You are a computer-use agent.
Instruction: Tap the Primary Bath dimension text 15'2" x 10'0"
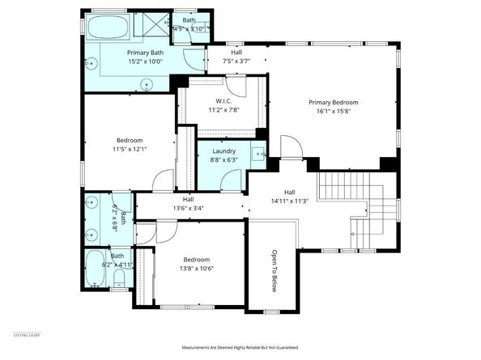(x=145, y=61)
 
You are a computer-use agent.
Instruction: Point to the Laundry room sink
(x=258, y=152)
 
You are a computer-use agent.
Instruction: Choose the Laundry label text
(x=223, y=151)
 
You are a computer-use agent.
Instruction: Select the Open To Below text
(x=275, y=270)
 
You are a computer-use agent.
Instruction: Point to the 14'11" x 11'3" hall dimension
(x=289, y=201)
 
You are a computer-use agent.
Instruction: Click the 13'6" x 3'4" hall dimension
(x=188, y=209)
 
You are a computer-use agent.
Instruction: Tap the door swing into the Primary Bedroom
(x=290, y=146)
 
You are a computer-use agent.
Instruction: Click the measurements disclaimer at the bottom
(x=240, y=347)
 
